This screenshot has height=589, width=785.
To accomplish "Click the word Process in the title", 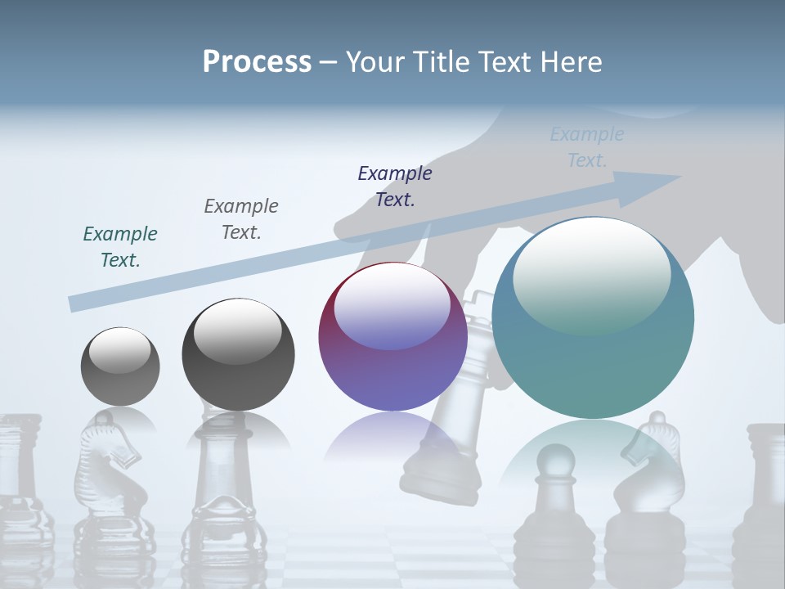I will [257, 62].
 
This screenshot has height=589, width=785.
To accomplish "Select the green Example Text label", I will [120, 247].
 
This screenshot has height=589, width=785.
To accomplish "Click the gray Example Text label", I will [241, 219].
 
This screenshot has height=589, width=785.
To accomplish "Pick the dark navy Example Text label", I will [395, 187].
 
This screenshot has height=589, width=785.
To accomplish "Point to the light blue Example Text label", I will [587, 147].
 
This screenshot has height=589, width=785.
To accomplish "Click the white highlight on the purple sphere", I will [392, 307].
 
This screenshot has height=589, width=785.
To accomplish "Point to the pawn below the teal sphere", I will [559, 491].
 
